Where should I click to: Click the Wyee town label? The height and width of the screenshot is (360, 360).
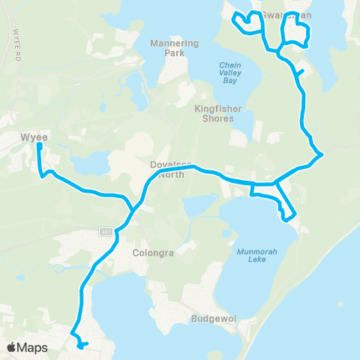pyautogui.click(x=34, y=138)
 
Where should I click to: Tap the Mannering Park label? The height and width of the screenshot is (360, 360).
pyautogui.click(x=174, y=49)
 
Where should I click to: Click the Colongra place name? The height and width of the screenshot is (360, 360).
pyautogui.click(x=153, y=253)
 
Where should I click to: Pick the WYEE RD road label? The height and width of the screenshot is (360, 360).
pyautogui.click(x=16, y=37)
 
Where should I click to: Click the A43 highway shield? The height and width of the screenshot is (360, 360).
pyautogui.click(x=106, y=231)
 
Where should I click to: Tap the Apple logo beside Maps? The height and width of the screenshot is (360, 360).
pyautogui.click(x=12, y=347)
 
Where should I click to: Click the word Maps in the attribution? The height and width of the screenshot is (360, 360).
pyautogui.click(x=32, y=347)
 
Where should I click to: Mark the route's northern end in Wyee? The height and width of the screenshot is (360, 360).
pyautogui.click(x=39, y=146)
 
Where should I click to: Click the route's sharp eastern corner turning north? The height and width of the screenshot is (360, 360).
pyautogui.click(x=321, y=155)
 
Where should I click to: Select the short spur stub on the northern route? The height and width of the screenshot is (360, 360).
pyautogui.click(x=301, y=72)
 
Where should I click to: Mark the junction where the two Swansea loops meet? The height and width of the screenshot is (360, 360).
pyautogui.click(x=278, y=52)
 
